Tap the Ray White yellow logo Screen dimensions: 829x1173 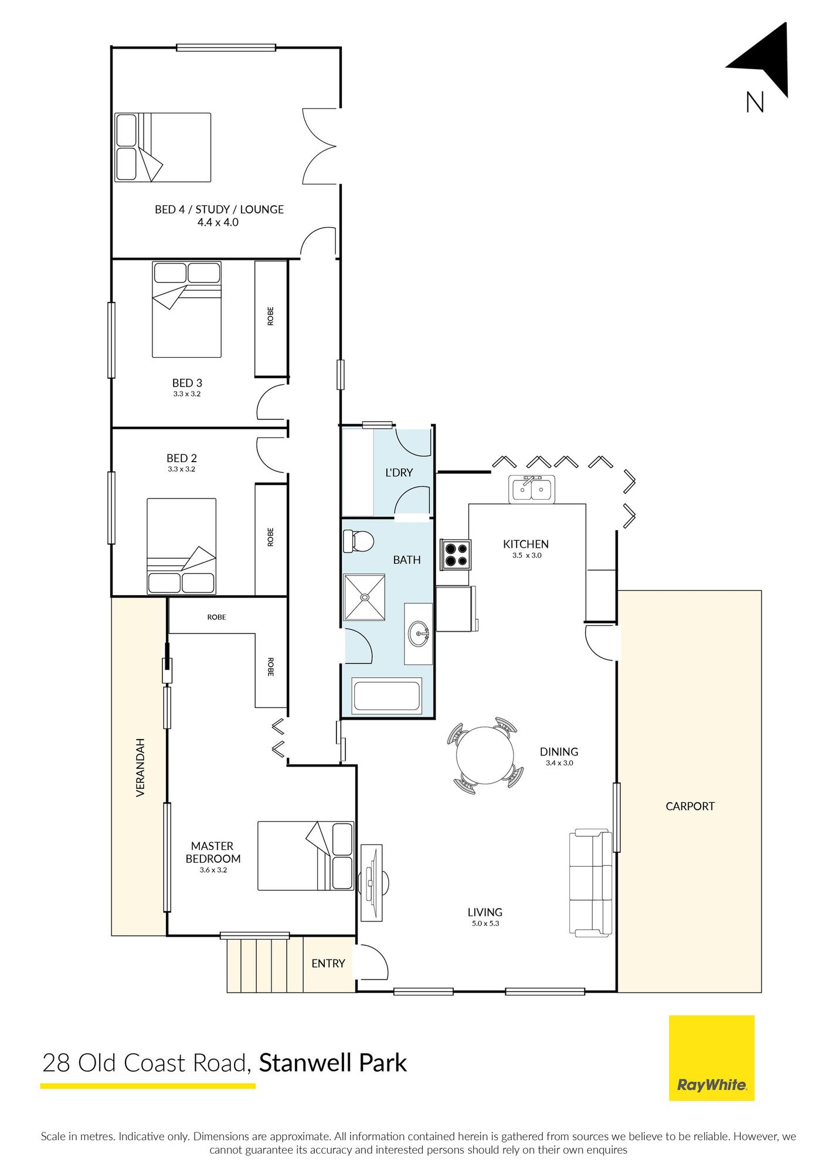coord(712,1058)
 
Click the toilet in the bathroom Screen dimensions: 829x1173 coord(358,541)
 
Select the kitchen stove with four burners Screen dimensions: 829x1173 coord(456,555)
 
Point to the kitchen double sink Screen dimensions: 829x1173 coord(531,489)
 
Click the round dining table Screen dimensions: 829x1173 coord(485,755)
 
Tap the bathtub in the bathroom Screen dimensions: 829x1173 coord(388,696)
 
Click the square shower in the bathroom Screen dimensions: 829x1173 coord(364,597)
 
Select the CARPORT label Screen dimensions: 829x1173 coord(690,806)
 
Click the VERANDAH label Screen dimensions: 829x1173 coord(140,767)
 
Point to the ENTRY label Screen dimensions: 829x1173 coord(328,964)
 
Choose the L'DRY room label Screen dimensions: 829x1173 coord(399,472)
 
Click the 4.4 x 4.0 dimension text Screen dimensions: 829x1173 coord(218,222)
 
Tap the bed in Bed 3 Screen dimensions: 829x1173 coord(187,309)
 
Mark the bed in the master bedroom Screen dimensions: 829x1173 coord(306,856)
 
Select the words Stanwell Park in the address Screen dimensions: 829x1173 coord(333,1063)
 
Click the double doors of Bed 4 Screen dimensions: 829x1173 coord(320,146)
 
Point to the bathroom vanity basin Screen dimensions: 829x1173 coord(419,633)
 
